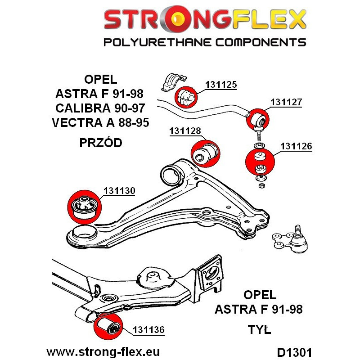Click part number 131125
click(221, 84)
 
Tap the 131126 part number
click(296, 146)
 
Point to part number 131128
click(185, 131)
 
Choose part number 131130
click(119, 191)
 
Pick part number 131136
click(148, 330)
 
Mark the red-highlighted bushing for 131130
click(85, 205)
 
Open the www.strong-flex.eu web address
click(103, 351)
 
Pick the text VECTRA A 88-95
click(100, 122)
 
